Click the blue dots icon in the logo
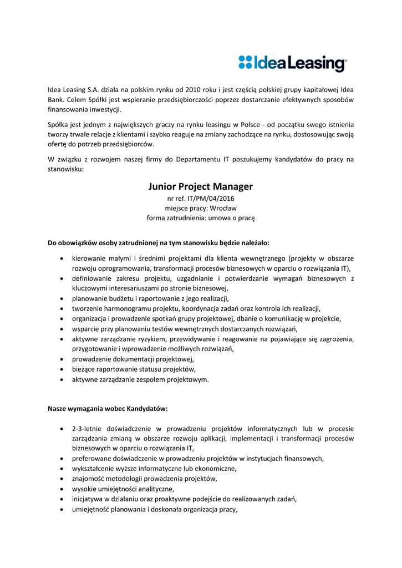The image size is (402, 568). pyautogui.click(x=245, y=62)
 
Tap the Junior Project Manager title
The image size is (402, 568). pyautogui.click(x=201, y=186)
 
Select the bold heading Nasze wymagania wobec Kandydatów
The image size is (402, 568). pyautogui.click(x=108, y=409)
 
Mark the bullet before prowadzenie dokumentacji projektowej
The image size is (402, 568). pyautogui.click(x=60, y=359)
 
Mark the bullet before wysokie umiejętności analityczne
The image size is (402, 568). pyautogui.click(x=60, y=489)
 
